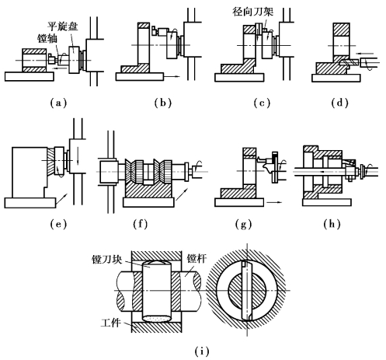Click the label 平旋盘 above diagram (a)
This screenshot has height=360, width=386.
coord(63,26)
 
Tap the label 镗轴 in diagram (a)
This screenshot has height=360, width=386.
coord(47,38)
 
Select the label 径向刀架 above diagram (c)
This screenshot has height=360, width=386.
coord(252,12)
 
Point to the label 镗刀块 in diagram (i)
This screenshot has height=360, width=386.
coord(106,259)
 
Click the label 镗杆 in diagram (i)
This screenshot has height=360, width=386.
coord(197,258)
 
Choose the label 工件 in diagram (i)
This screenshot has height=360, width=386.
coord(110,323)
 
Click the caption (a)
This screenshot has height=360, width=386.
coord(58,103)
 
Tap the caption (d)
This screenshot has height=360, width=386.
coord(339,103)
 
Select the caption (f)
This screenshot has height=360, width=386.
coord(141,224)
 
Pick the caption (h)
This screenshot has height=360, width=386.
coord(332,224)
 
